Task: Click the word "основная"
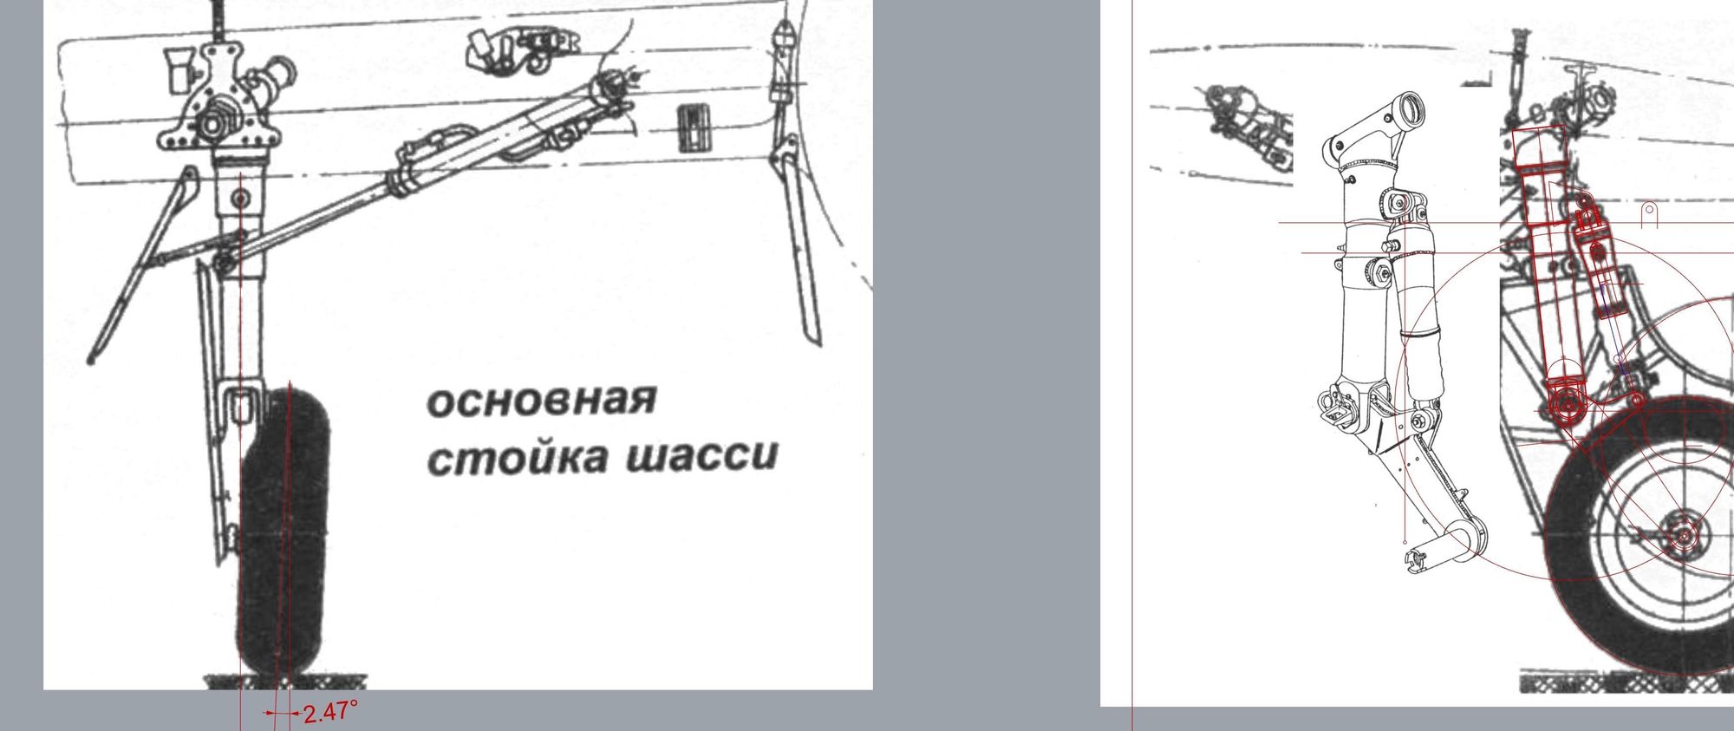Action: [x=541, y=401]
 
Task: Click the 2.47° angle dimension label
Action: [x=330, y=713]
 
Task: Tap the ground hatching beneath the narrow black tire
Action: [x=284, y=682]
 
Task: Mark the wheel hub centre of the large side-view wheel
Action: [x=1683, y=537]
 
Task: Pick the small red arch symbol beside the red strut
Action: [x=1650, y=213]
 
